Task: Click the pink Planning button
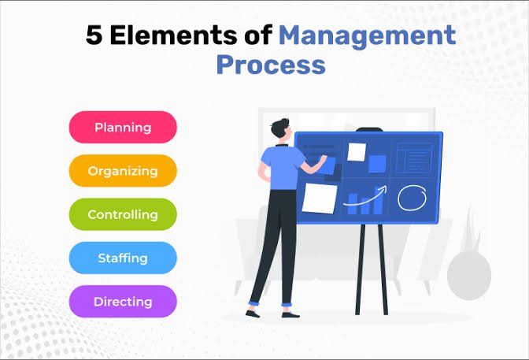tap(123, 128)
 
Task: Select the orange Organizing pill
tap(123, 171)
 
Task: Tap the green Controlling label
tap(123, 214)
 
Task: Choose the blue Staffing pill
tap(123, 258)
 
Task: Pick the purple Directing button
tap(123, 302)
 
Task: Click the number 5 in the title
tap(94, 35)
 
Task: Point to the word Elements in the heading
tap(173, 35)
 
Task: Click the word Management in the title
tap(368, 36)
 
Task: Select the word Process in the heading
tap(271, 64)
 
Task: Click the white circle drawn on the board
tap(412, 198)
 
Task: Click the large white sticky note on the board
tap(320, 199)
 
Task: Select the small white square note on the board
tap(357, 152)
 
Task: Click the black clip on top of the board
tap(369, 130)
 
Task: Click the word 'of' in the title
tap(258, 35)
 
